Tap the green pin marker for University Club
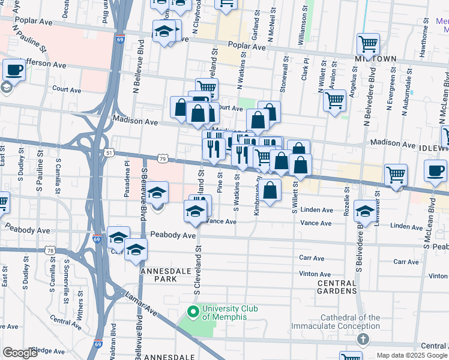pos(193,312)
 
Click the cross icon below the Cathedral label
pos(363,340)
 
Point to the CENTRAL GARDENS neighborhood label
pos(337,287)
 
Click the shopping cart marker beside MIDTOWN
pos(367,44)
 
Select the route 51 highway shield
pos(109,153)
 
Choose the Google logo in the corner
pos(20,353)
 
